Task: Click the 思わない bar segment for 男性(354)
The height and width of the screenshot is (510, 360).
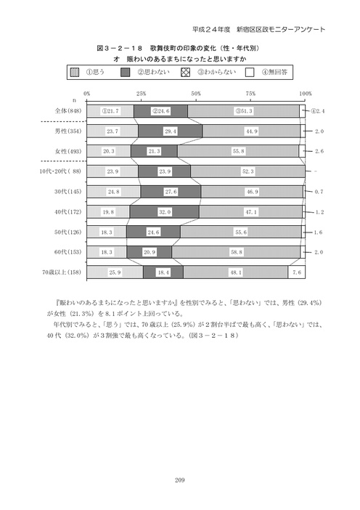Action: (x=170, y=131)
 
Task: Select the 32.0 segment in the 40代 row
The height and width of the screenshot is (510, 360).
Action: (x=164, y=212)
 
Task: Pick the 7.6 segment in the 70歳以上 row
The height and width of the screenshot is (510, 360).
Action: (x=296, y=272)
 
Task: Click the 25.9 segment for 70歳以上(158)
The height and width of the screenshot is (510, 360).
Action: (x=114, y=272)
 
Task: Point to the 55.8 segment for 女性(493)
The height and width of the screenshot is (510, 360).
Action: (x=238, y=151)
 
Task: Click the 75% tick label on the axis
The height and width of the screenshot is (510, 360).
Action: (x=250, y=94)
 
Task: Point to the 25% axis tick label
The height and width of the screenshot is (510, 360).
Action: (x=141, y=94)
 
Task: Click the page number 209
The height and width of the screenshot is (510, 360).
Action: (x=180, y=479)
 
